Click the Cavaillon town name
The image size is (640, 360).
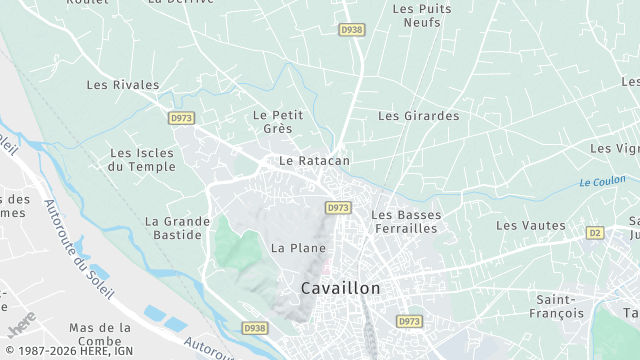click(341, 288)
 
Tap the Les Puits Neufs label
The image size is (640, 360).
click(422, 15)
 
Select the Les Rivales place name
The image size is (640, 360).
click(123, 86)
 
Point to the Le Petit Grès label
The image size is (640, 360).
click(278, 122)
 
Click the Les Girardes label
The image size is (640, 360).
click(418, 116)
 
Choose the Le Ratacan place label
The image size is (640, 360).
click(314, 160)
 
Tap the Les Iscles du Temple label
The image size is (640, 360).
click(142, 160)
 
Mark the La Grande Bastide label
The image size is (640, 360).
click(177, 228)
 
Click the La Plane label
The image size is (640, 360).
click(298, 247)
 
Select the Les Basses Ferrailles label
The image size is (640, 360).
click(405, 222)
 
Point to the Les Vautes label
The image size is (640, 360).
click(530, 226)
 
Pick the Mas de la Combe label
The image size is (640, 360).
click(100, 335)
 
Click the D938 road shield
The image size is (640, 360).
click(255, 328)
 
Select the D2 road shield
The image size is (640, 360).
click(595, 233)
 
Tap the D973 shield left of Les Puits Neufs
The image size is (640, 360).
click(351, 30)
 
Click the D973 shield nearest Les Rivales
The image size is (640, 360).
click(181, 118)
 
